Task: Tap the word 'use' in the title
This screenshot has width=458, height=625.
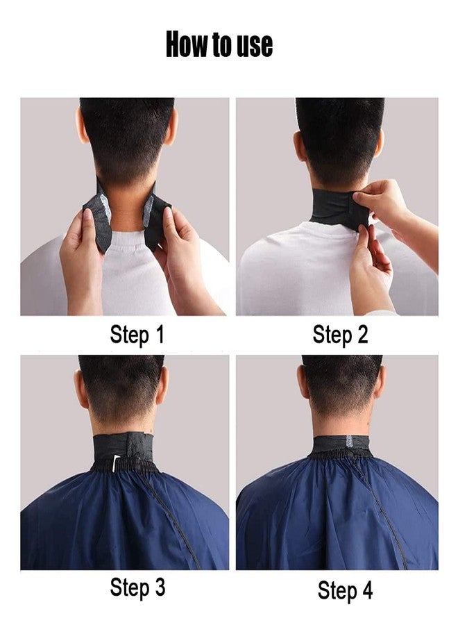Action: point(254,46)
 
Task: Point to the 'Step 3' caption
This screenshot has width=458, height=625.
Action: point(137,587)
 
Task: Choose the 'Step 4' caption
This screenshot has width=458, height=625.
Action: point(345,590)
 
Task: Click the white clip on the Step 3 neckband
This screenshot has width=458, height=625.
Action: point(116,460)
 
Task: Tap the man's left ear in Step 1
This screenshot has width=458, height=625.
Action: point(83,128)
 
